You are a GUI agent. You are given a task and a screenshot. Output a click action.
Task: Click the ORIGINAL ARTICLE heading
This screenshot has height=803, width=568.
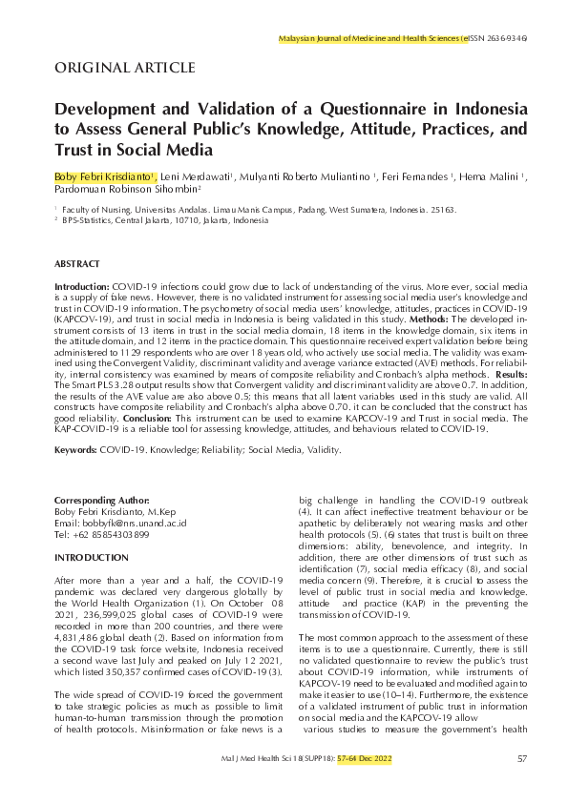point(125,67)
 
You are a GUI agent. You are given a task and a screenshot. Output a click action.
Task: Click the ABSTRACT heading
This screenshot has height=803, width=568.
point(76,262)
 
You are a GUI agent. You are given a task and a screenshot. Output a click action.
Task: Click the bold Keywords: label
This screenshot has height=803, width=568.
point(77,447)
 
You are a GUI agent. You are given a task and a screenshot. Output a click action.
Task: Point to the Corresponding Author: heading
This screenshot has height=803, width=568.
point(102,501)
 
